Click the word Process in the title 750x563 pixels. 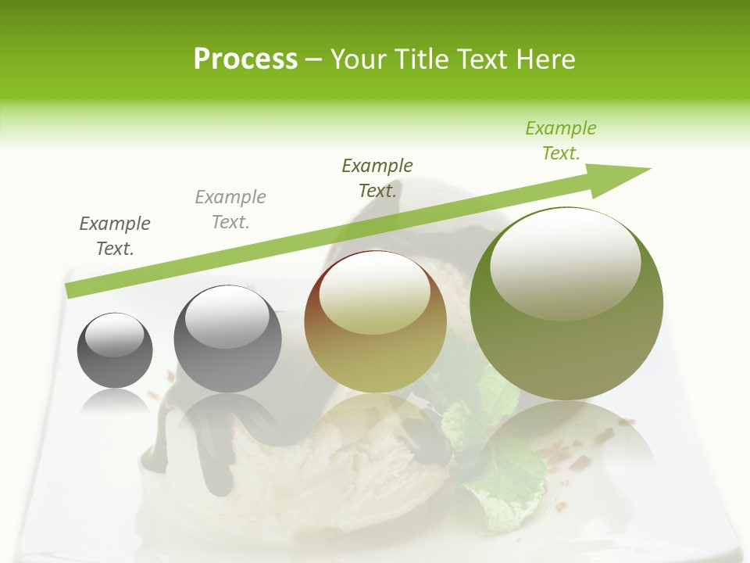[x=245, y=59]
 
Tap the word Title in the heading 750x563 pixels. [x=419, y=59]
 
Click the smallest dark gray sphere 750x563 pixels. [x=115, y=350]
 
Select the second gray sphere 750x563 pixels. [x=227, y=339]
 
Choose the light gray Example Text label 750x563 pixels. [x=230, y=210]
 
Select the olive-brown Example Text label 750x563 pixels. [x=377, y=178]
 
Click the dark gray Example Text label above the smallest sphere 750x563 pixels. [x=115, y=236]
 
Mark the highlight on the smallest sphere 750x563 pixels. [x=114, y=336]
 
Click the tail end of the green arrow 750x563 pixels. [x=72, y=290]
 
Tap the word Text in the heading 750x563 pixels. [x=485, y=59]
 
